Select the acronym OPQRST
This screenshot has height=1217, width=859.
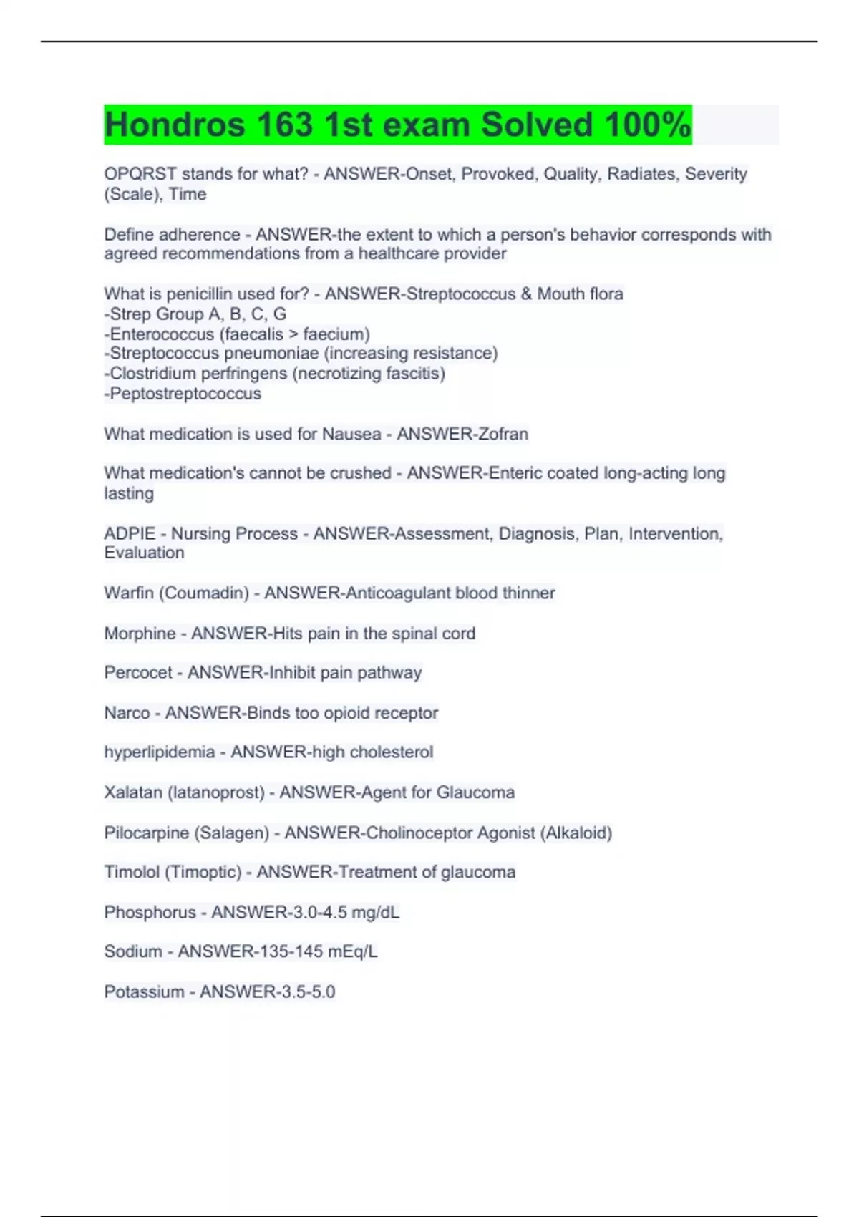click(x=140, y=174)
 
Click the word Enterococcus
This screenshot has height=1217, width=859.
click(x=162, y=334)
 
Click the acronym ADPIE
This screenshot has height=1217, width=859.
click(x=130, y=534)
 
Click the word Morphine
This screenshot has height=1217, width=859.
click(x=140, y=634)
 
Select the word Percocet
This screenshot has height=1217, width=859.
click(x=138, y=673)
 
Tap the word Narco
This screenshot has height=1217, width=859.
click(x=127, y=713)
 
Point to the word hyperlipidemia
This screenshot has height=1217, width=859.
click(x=159, y=752)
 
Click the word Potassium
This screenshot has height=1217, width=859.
click(x=144, y=992)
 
